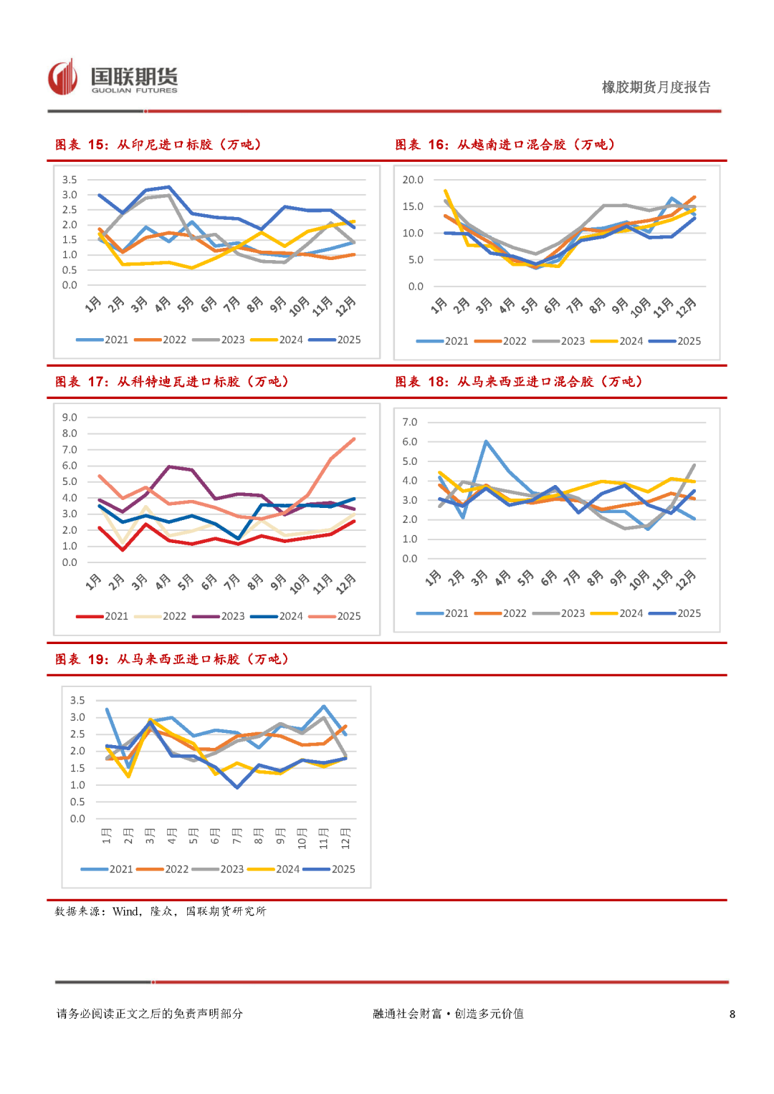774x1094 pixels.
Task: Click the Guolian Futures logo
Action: [113, 78]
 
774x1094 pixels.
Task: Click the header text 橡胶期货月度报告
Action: [656, 87]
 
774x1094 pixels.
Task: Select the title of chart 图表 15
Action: [158, 145]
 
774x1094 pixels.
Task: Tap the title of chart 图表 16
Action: [505, 145]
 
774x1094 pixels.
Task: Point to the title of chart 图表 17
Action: [172, 382]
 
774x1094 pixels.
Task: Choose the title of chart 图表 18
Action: [519, 382]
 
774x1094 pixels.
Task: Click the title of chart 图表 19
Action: [172, 659]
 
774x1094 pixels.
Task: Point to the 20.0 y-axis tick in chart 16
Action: [413, 180]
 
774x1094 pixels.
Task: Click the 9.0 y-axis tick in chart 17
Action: [70, 418]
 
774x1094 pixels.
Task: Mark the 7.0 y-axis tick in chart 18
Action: [410, 422]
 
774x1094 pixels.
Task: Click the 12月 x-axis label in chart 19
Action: [345, 839]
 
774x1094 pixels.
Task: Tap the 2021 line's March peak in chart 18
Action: [486, 441]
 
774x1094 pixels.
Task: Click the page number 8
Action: [732, 1014]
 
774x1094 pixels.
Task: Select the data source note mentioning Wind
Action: [161, 911]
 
